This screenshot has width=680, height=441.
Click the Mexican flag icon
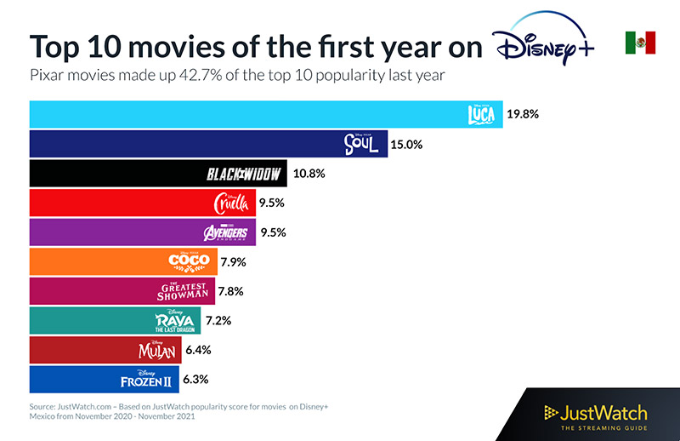coord(640,42)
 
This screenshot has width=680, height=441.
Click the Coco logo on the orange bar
coord(188,261)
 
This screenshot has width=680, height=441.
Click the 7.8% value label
coord(229,291)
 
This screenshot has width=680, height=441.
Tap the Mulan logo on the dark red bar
coord(159,349)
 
